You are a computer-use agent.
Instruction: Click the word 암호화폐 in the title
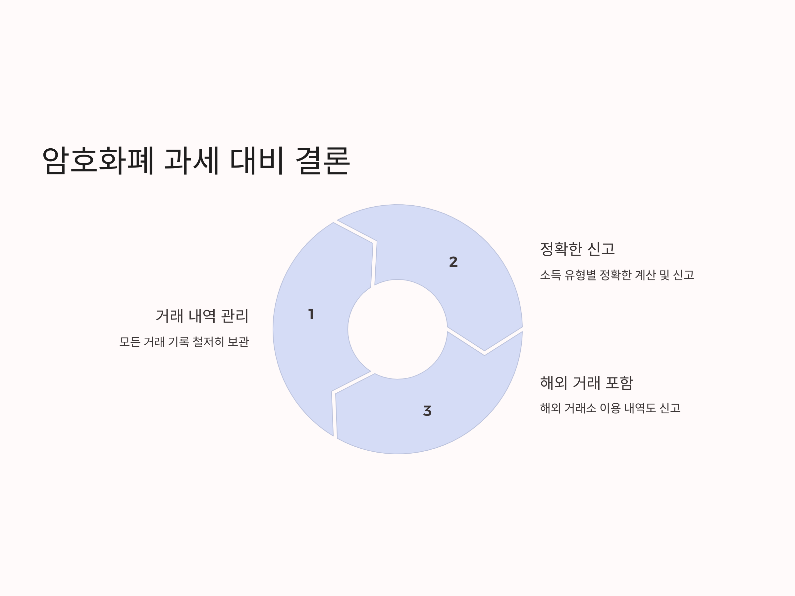98,160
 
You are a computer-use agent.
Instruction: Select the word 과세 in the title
191,160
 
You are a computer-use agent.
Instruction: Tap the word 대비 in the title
257,160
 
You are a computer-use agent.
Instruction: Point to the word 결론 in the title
322,160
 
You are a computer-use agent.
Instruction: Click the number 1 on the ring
311,314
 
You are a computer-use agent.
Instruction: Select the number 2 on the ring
453,262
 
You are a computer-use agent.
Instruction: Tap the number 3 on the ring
427,411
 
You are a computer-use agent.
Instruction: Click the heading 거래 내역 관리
202,316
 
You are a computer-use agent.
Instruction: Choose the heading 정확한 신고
577,249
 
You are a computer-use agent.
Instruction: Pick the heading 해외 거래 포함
586,383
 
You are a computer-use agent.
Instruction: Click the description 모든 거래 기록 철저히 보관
184,342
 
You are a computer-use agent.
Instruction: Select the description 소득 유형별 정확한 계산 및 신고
617,275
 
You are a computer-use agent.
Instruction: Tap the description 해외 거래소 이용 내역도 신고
610,408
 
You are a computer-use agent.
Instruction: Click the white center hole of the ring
397,329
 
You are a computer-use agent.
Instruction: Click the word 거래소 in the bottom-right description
580,408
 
